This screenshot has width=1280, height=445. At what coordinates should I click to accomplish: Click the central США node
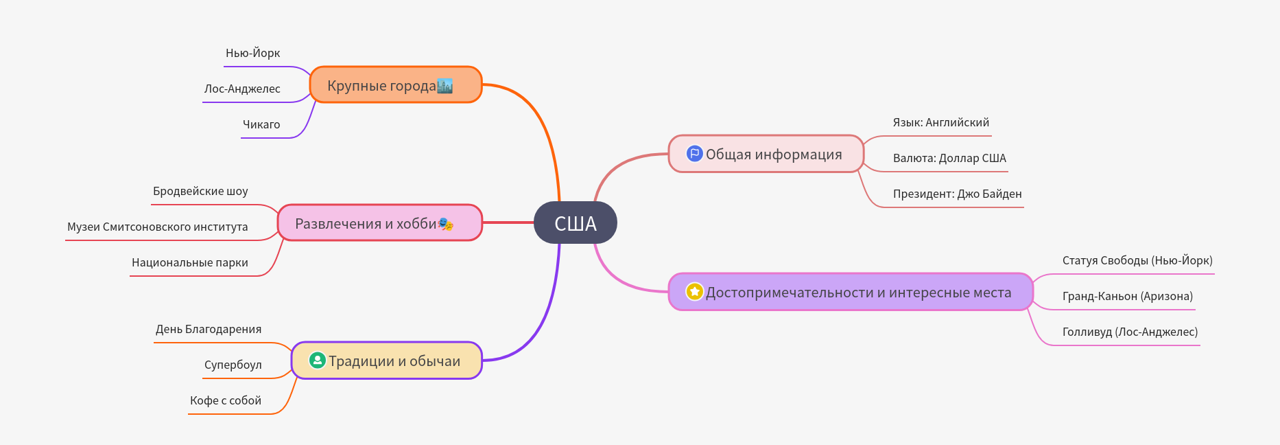point(575,223)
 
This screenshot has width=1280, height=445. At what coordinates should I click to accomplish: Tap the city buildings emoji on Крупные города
point(445,86)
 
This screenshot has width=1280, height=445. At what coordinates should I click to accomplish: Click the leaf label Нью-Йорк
point(252,54)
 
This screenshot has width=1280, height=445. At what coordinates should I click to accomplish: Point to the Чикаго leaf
point(261,125)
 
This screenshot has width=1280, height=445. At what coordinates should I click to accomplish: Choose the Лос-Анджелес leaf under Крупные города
point(241,89)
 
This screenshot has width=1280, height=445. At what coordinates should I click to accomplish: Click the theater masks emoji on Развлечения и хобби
point(445,224)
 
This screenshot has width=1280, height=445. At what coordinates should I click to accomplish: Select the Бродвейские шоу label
point(200,192)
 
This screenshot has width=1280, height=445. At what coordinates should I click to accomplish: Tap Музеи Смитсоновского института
point(157,227)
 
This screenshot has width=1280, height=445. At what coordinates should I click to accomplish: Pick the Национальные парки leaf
point(189,263)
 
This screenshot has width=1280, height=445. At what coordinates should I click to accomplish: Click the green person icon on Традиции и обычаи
point(317,361)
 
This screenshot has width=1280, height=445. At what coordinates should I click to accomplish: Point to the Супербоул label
point(233,365)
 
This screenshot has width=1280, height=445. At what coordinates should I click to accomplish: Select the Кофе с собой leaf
point(225,401)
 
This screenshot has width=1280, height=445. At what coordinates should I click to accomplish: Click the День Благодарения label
point(208,330)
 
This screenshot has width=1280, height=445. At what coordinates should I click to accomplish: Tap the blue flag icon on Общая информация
point(694,154)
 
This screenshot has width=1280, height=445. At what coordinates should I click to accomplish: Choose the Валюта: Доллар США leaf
point(949,159)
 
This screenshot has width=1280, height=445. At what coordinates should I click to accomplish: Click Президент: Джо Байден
point(957,194)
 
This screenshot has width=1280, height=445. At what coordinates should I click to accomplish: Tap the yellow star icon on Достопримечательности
point(694,292)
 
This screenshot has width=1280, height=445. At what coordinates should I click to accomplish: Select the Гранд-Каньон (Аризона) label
point(1127,297)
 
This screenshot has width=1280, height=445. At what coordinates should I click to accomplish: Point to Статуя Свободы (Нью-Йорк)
point(1137,261)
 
